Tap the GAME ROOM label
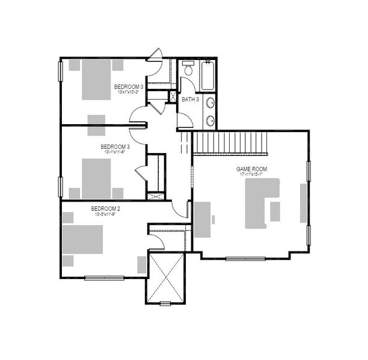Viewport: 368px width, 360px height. (251, 170)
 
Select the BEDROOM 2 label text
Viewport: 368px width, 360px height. (106, 209)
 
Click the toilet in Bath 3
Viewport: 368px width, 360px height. (187, 70)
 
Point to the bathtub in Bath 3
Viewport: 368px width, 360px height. (208, 76)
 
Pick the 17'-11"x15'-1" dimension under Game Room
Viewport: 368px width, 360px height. (251, 175)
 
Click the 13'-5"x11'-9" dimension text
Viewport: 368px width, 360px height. (106, 214)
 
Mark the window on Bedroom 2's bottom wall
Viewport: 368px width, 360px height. (105, 277)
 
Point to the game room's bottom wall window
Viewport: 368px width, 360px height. (245, 259)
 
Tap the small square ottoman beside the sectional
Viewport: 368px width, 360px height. (275, 211)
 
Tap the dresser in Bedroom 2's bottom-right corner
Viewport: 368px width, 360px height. (141, 264)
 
